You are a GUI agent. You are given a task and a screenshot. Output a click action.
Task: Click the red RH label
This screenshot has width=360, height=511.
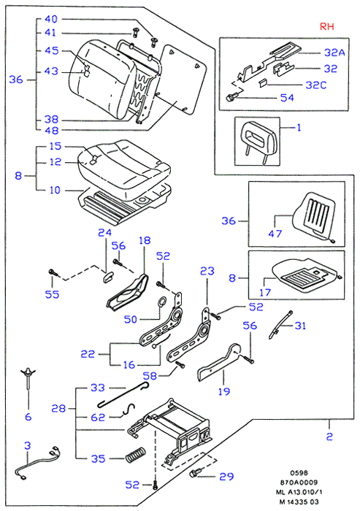click(326, 26)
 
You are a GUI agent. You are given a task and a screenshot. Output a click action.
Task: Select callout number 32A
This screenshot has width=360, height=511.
click(334, 52)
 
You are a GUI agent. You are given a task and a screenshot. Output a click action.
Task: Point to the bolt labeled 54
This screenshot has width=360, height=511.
click(232, 96)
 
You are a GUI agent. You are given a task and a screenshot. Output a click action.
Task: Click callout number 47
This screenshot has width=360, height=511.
click(275, 234)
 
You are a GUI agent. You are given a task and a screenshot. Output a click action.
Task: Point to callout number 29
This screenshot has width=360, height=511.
click(226, 477)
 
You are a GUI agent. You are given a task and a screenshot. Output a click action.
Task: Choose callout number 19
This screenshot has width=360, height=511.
click(223, 391)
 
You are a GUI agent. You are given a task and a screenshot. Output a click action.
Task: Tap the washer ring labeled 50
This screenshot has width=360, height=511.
click(161, 302)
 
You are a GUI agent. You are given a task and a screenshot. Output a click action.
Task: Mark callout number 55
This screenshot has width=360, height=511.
click(52, 294)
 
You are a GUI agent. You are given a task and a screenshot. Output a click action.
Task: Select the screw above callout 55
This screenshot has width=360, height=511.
click(53, 272)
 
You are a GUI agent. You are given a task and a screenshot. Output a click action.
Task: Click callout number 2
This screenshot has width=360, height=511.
click(329, 436)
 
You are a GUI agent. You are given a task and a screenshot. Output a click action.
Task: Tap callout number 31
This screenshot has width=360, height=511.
click(300, 326)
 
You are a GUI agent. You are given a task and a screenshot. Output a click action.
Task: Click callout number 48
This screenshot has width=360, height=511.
click(52, 131)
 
